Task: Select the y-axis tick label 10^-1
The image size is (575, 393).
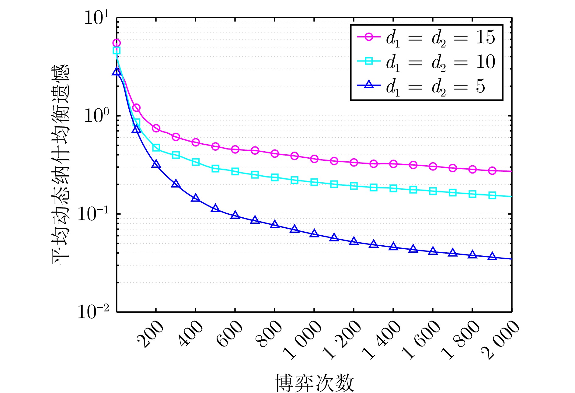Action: pyautogui.click(x=93, y=214)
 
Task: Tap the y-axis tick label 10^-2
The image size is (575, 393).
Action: pyautogui.click(x=93, y=312)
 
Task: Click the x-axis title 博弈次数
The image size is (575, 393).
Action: pyautogui.click(x=315, y=383)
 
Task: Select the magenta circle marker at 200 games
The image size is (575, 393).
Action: pyautogui.click(x=156, y=128)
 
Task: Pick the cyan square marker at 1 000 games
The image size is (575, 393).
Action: pyautogui.click(x=314, y=182)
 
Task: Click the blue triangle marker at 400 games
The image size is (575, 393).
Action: pyautogui.click(x=196, y=198)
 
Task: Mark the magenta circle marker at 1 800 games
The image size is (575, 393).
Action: pyautogui.click(x=472, y=169)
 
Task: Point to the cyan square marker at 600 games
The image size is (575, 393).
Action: pyautogui.click(x=235, y=172)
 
